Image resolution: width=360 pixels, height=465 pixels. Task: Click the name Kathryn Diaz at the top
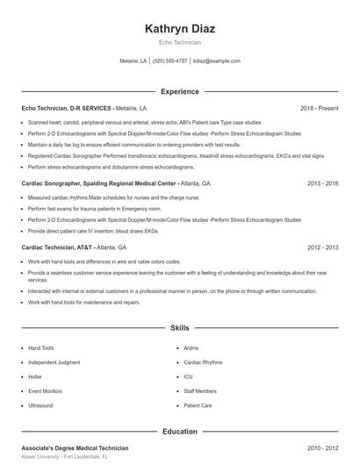click(179, 29)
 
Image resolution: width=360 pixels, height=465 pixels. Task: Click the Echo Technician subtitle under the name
click(179, 42)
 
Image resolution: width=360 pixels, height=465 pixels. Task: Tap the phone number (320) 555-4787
click(169, 61)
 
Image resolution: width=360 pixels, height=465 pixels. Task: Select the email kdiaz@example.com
click(217, 61)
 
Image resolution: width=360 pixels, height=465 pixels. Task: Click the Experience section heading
click(179, 91)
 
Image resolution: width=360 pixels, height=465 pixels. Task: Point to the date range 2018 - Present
click(319, 108)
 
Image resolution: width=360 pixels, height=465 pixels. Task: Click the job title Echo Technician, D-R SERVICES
click(67, 108)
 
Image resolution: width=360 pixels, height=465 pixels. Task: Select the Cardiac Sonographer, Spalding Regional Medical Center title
click(98, 184)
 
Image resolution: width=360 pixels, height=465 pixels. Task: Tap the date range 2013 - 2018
click(322, 184)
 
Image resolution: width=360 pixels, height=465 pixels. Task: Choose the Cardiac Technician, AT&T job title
click(55, 247)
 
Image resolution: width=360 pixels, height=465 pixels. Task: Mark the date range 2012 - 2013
click(322, 247)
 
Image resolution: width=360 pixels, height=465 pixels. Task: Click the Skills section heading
click(179, 327)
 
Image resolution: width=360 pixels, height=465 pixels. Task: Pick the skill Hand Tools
click(40, 348)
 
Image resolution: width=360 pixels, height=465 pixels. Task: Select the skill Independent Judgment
click(54, 362)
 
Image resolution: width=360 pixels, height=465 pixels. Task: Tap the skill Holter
click(35, 377)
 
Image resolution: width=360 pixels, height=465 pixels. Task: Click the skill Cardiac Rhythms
click(203, 362)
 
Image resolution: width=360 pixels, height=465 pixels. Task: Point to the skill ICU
click(188, 377)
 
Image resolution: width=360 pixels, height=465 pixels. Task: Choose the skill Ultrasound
click(40, 406)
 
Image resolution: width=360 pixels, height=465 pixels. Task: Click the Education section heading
click(179, 432)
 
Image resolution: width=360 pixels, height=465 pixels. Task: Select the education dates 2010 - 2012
click(322, 448)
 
